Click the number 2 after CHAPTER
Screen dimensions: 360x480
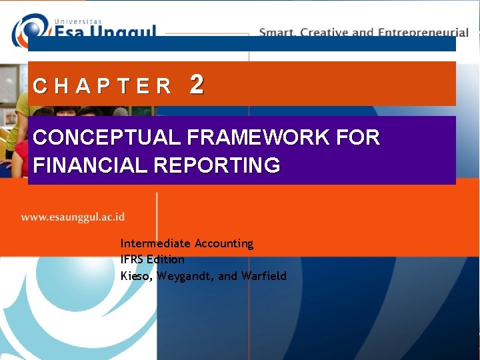point(197,85)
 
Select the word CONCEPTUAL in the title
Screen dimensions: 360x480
point(107,138)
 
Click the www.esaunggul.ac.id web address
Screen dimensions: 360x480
point(73,217)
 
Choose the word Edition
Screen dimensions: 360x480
point(167,259)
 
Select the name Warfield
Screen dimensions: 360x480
point(264,275)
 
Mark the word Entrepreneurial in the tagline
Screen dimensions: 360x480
point(423,32)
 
